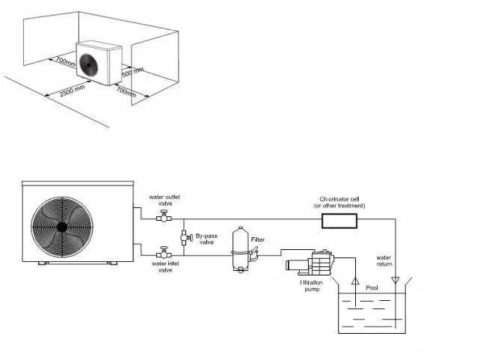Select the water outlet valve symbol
[164, 218]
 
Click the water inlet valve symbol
[164, 253]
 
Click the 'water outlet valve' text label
[164, 200]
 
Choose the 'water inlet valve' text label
[164, 266]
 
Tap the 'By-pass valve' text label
[206, 239]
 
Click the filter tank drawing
[241, 248]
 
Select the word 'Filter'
[258, 240]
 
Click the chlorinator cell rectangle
[339, 220]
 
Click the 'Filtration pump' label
[311, 285]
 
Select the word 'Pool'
[372, 288]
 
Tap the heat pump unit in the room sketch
[99, 61]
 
